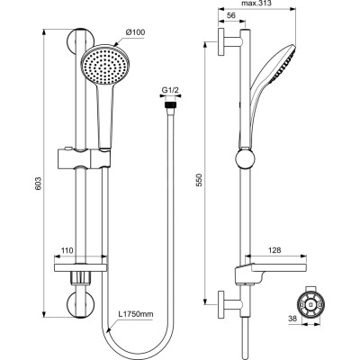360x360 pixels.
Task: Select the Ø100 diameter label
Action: tap(135, 33)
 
